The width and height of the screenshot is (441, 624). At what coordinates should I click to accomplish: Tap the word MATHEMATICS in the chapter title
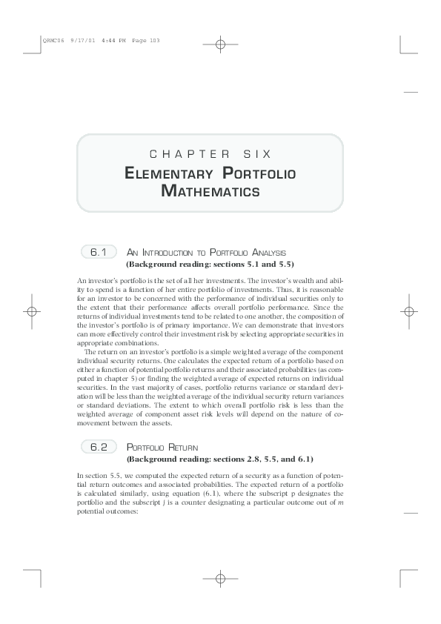click(210, 192)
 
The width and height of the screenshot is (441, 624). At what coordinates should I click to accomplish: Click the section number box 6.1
click(99, 253)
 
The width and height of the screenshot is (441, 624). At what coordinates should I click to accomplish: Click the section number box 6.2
click(99, 447)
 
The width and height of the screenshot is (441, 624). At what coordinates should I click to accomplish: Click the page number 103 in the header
click(155, 40)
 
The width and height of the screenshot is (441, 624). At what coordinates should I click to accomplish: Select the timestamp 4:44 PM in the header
click(102, 40)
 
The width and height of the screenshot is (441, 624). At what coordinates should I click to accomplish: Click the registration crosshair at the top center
click(220, 44)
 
